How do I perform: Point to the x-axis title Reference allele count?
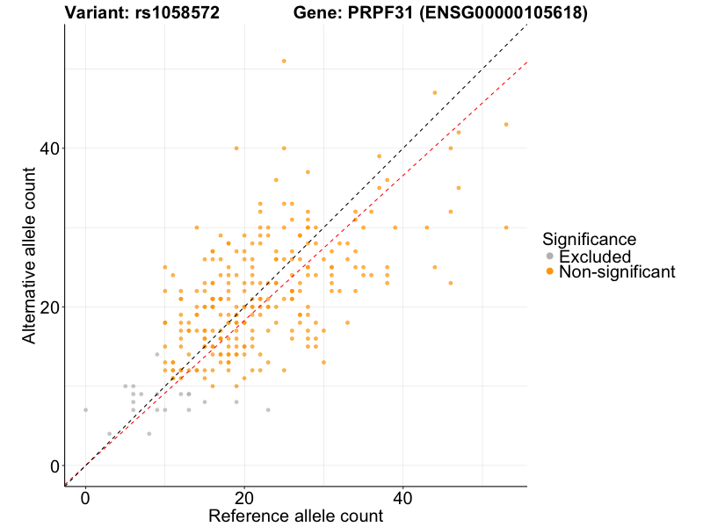click(x=295, y=516)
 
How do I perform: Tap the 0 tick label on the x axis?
click(x=85, y=498)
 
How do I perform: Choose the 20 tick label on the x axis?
click(x=244, y=498)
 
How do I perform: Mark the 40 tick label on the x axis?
click(x=402, y=498)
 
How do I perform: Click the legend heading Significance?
click(x=589, y=239)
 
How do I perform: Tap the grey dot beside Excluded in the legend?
click(x=550, y=256)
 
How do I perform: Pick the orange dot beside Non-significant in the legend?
click(x=550, y=272)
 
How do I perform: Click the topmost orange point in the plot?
click(x=284, y=61)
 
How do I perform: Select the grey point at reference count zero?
click(x=85, y=409)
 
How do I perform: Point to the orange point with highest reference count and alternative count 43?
click(x=506, y=125)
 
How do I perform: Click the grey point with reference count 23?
click(x=268, y=409)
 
